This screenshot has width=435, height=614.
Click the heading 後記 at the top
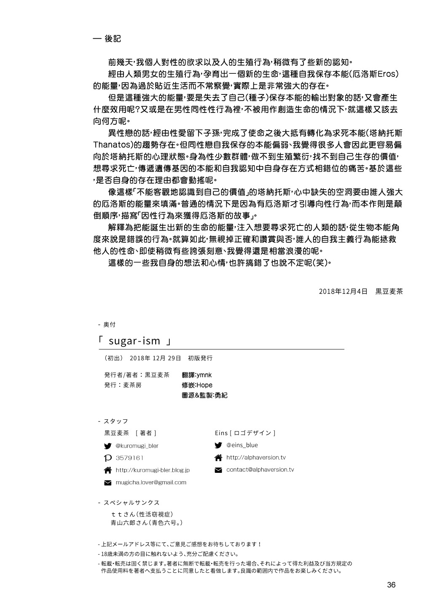(113, 38)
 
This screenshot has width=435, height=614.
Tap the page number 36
(391, 585)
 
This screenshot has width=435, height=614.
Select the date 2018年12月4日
(343, 291)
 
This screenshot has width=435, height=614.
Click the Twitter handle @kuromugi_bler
(137, 445)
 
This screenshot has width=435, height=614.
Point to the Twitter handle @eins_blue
(242, 445)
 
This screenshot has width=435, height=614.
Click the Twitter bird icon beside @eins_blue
(218, 445)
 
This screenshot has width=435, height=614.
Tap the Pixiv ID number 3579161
(129, 458)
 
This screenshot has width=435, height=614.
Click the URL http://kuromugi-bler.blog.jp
(153, 470)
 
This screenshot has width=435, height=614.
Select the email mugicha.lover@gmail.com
(150, 482)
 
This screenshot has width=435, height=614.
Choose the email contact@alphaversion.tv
(260, 469)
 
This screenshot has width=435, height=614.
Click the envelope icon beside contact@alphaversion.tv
(218, 470)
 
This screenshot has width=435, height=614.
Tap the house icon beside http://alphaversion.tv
(218, 458)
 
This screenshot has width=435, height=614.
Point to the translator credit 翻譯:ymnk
(197, 375)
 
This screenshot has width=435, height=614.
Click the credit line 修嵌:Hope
(197, 385)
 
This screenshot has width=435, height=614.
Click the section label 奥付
(109, 324)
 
